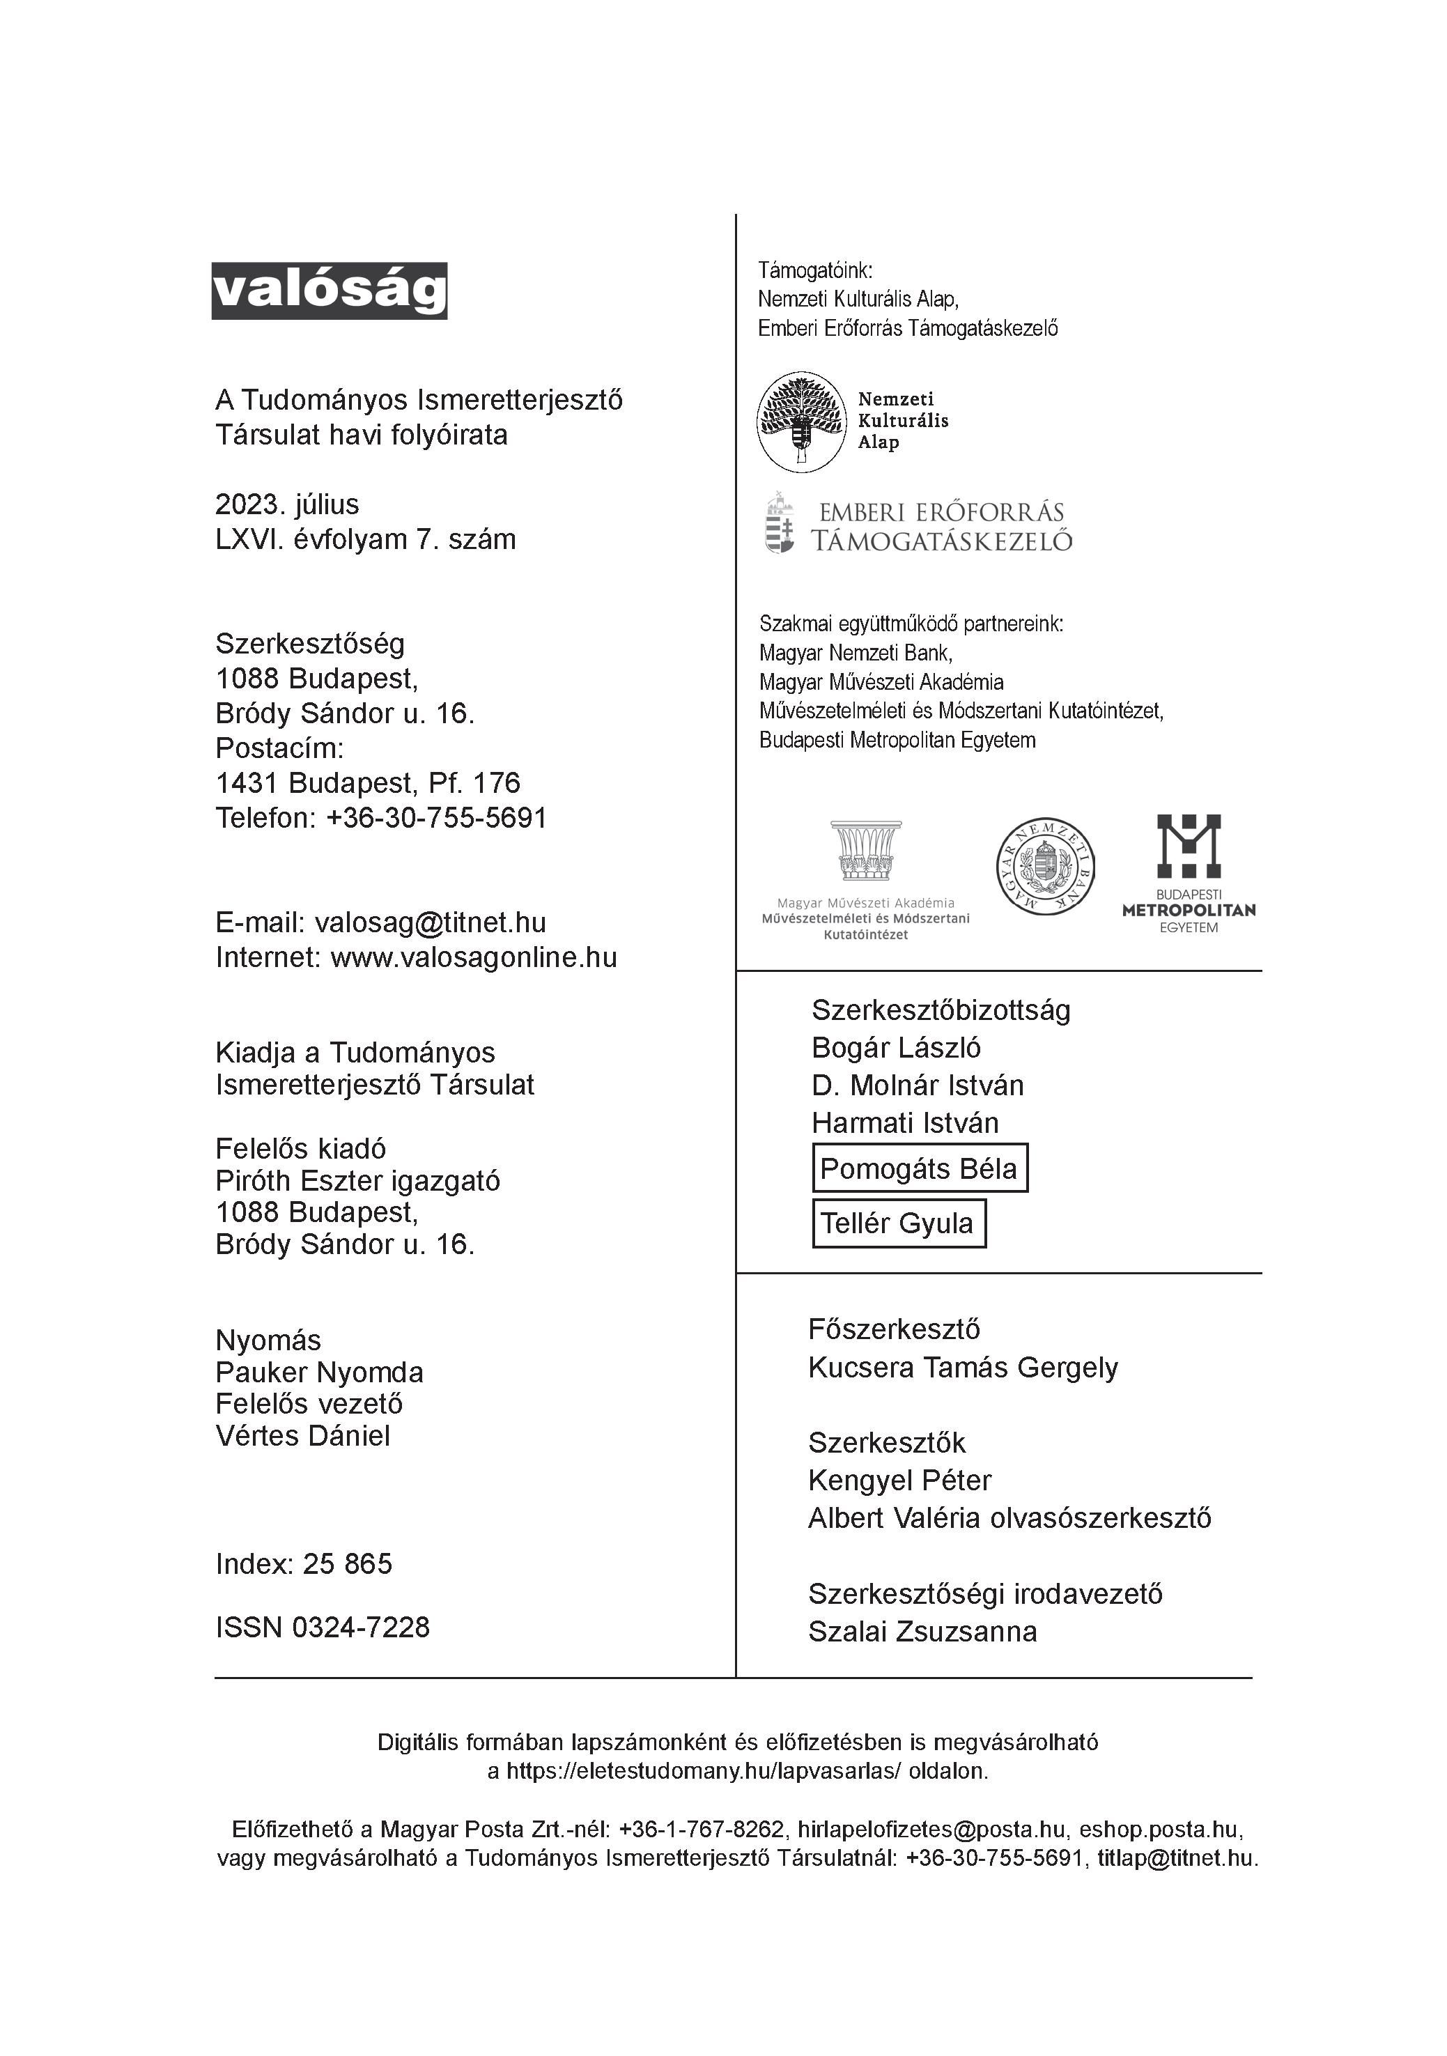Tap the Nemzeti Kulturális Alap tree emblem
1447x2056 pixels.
click(x=801, y=422)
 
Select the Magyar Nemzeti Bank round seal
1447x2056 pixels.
click(x=1046, y=867)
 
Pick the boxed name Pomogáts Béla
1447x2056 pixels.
click(x=919, y=1168)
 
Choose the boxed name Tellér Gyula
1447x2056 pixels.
click(x=897, y=1223)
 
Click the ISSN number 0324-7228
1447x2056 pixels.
click(x=361, y=1627)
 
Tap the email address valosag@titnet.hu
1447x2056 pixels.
click(x=430, y=922)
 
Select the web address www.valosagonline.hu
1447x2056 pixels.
click(x=474, y=957)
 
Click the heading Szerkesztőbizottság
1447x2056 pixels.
click(x=941, y=1010)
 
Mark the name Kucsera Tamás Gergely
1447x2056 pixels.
click(x=963, y=1368)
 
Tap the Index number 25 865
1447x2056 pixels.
click(x=348, y=1563)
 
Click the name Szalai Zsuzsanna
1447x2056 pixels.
click(x=922, y=1632)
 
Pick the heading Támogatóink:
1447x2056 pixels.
click(x=815, y=270)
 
